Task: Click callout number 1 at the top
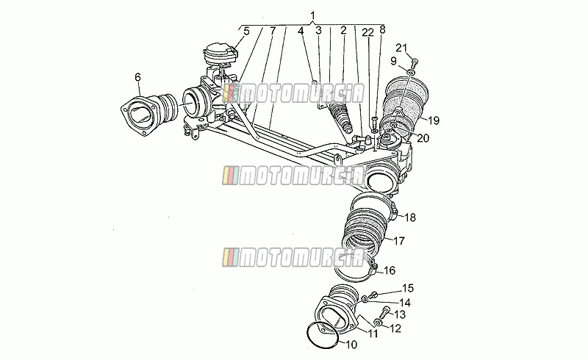313,15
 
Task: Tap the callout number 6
137,77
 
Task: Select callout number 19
433,120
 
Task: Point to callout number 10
351,345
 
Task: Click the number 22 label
368,32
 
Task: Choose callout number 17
398,241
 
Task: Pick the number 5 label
246,31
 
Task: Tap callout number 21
401,48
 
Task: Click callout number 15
408,288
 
